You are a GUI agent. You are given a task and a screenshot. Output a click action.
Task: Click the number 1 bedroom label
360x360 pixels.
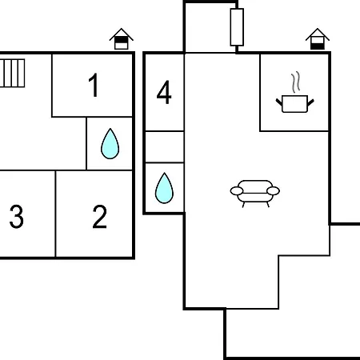click(94, 85)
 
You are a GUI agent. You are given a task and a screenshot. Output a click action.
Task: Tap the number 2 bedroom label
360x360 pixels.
click(100, 217)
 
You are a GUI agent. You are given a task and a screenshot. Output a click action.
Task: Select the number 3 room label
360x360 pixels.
click(17, 217)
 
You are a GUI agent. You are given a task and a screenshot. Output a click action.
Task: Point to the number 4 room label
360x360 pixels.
click(164, 92)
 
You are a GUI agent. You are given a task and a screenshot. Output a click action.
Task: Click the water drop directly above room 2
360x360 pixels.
click(110, 144)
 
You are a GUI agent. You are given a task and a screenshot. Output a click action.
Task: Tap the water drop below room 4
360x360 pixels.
click(164, 188)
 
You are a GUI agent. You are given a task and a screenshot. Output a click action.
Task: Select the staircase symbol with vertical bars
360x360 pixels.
click(12, 73)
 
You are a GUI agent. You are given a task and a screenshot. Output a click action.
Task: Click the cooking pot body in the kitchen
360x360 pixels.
click(294, 104)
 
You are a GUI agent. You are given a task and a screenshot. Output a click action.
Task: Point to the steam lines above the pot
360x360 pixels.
click(296, 82)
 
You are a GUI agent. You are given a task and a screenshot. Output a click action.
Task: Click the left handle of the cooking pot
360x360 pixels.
click(279, 102)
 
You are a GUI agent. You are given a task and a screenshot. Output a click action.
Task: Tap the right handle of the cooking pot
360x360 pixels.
click(310, 102)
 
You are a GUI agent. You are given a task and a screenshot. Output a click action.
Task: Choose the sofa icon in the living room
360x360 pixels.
click(255, 194)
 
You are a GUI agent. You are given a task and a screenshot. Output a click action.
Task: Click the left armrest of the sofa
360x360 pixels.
click(237, 191)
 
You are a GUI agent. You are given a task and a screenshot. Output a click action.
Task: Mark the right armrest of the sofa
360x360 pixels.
click(273, 191)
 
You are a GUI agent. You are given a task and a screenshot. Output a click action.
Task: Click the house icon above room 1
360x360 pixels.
click(122, 39)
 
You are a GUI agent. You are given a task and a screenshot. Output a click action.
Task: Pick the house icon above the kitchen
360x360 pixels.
click(318, 39)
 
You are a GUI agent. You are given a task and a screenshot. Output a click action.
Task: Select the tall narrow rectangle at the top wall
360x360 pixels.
click(237, 27)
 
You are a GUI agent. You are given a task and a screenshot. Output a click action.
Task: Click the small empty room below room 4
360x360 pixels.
click(165, 146)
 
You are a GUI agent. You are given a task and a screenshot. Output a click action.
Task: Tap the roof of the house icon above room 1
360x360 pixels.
click(122, 34)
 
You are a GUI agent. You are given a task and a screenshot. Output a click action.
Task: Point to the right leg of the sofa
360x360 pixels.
click(268, 205)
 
